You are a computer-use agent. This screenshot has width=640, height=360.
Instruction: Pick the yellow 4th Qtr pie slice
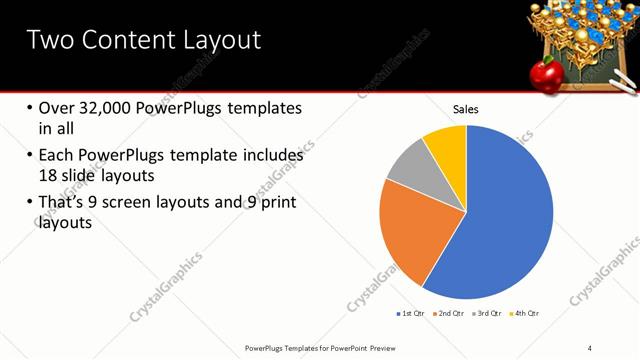pyautogui.click(x=446, y=145)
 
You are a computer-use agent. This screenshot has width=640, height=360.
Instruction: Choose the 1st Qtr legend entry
pyautogui.click(x=410, y=314)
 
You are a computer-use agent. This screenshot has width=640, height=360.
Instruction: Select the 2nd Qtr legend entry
pyautogui.click(x=449, y=314)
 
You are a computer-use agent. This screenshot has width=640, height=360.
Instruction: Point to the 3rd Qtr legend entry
pyautogui.click(x=487, y=314)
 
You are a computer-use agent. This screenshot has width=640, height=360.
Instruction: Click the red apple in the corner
pyautogui.click(x=545, y=72)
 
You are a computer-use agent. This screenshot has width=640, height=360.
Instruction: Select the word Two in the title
pyautogui.click(x=50, y=40)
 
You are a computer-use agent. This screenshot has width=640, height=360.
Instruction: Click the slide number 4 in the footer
pyautogui.click(x=590, y=347)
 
